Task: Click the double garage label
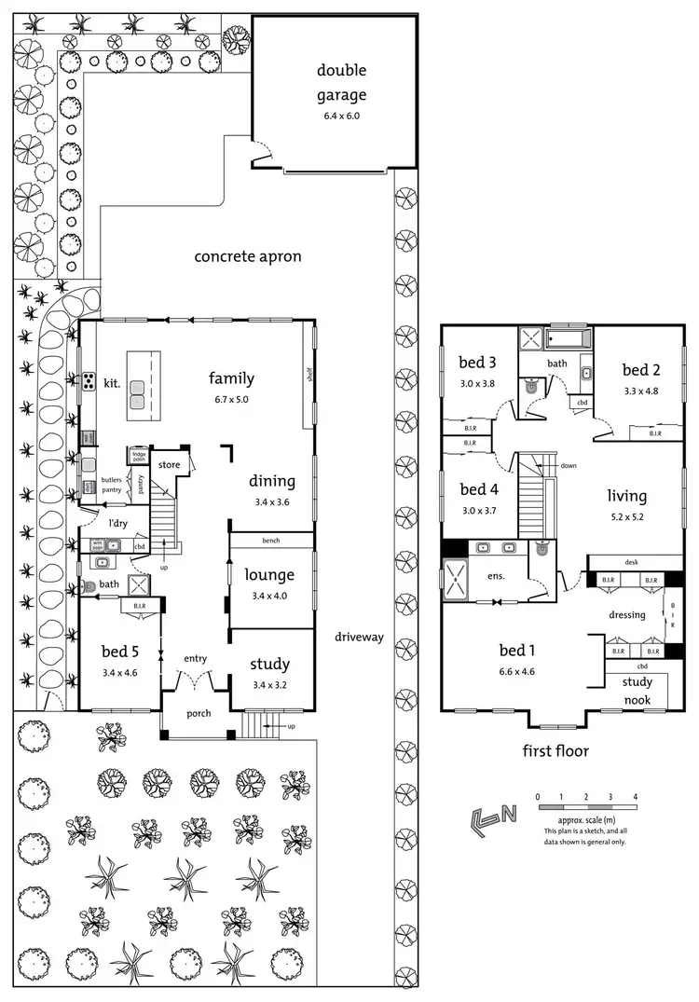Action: click(x=341, y=82)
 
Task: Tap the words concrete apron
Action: click(x=248, y=256)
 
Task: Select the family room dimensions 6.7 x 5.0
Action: click(x=231, y=399)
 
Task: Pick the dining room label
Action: click(x=271, y=481)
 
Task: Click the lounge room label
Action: click(x=269, y=575)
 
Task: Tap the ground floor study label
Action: click(x=269, y=665)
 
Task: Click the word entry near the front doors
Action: click(x=195, y=659)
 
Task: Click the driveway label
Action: click(x=360, y=637)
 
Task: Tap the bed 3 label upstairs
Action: click(x=476, y=363)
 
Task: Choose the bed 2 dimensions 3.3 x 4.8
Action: click(x=640, y=391)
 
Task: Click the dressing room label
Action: click(x=627, y=614)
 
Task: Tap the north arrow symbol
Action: click(x=494, y=817)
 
